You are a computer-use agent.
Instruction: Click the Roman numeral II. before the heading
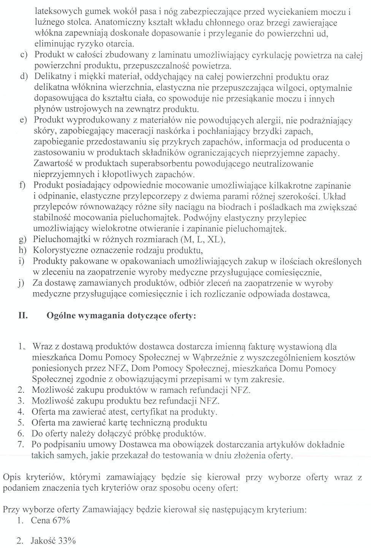pyautogui.click(x=23, y=315)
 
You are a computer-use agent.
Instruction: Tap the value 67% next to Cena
pyautogui.click(x=61, y=520)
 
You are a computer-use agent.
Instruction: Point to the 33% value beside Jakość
pyautogui.click(x=66, y=540)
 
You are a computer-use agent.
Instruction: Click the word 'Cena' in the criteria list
pyautogui.click(x=40, y=520)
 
